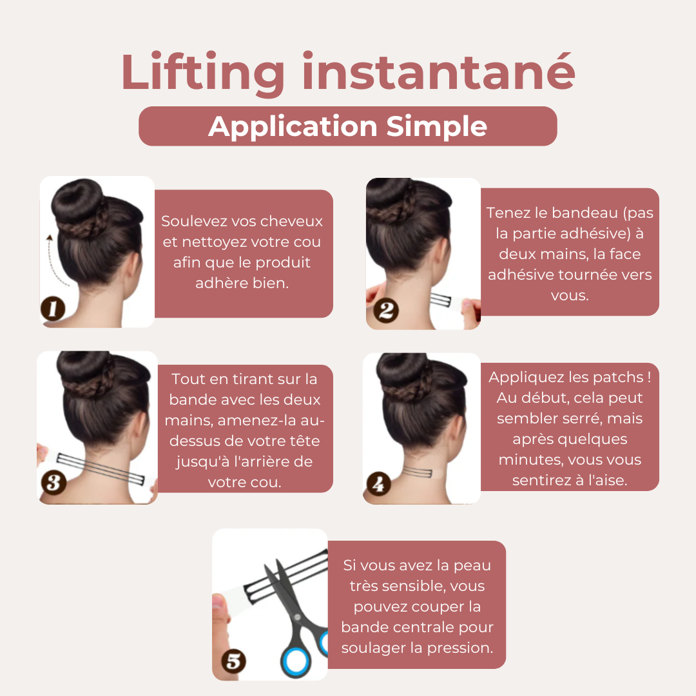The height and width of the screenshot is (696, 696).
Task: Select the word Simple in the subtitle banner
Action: coord(436,127)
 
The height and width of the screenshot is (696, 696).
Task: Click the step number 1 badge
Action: coord(53,309)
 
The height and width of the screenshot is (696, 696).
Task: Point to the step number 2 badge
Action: coord(386,310)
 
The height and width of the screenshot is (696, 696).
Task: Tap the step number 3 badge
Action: coord(53,483)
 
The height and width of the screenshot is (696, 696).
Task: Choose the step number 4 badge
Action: coord(379,484)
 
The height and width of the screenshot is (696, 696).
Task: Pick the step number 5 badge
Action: coord(233,661)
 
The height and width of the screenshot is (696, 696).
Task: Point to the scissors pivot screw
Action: coord(297,617)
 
